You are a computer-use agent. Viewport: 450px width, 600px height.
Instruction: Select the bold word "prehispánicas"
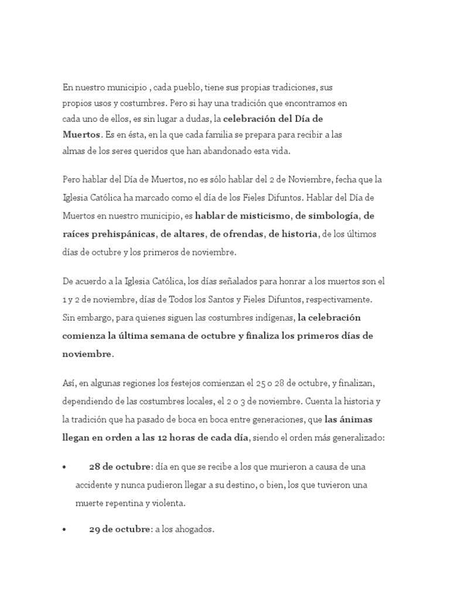pyautogui.click(x=122, y=234)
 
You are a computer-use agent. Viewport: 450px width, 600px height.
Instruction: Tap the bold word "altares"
pyautogui.click(x=186, y=234)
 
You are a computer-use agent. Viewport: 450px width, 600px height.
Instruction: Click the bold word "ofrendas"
pyautogui.click(x=241, y=234)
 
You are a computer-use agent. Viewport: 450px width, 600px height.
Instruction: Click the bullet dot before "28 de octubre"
pyautogui.click(x=64, y=468)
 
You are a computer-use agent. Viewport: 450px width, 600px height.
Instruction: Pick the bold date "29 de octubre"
pyautogui.click(x=120, y=529)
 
